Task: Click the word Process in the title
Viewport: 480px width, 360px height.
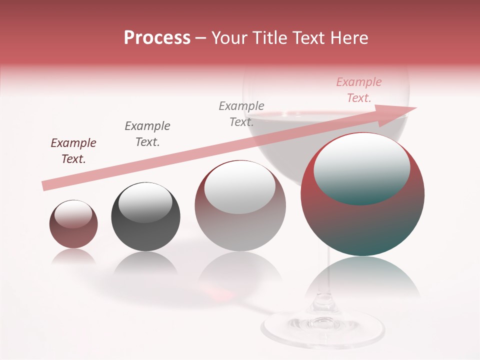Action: pos(157,38)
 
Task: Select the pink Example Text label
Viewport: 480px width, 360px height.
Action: pos(358,90)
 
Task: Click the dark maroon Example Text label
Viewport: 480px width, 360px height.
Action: pos(73,151)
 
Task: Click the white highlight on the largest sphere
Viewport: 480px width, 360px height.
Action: pos(361,167)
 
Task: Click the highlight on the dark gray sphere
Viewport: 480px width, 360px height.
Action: pos(145,201)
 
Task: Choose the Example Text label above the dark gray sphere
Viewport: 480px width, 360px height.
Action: pos(147,134)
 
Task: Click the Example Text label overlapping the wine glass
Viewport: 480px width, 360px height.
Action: pos(241,114)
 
